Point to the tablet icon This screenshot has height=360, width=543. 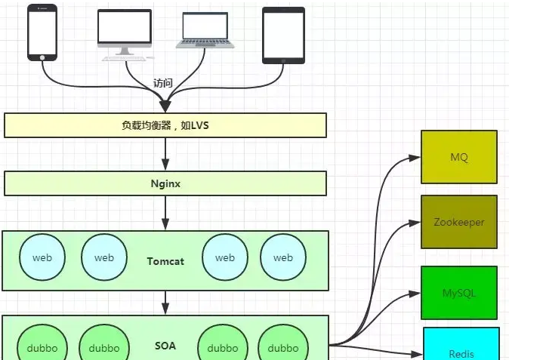tap(283, 35)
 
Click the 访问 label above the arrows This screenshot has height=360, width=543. tap(163, 83)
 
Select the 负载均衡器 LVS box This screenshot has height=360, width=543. tap(165, 125)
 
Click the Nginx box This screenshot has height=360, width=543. tap(165, 183)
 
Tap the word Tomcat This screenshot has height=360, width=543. tap(165, 260)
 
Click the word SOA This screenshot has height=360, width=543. tap(165, 346)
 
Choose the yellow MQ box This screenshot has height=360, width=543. tap(459, 157)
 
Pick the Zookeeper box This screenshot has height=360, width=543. tap(459, 222)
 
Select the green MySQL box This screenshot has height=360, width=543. tap(459, 293)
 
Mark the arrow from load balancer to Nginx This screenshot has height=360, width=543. tap(165, 155)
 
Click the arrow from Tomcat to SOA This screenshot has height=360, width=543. tap(165, 303)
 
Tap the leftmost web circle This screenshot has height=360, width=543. tap(42, 257)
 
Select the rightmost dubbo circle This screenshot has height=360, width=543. tap(283, 346)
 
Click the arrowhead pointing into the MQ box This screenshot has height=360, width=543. tap(415, 158)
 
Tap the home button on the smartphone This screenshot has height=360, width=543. tap(42, 55)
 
